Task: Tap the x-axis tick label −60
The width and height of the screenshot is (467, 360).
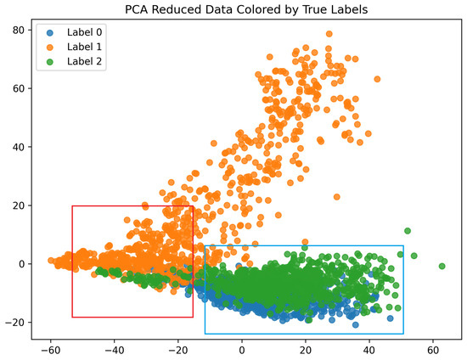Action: coord(51,349)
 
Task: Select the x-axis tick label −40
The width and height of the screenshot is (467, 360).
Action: coord(115,349)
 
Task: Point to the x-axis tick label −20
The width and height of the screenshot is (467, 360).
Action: coord(178,349)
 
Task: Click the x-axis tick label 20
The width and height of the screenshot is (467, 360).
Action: coord(306,349)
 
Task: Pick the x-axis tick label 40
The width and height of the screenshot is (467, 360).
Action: coord(369,349)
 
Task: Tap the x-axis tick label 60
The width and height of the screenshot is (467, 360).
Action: coord(433,349)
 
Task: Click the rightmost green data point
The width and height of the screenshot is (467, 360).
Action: coord(442,266)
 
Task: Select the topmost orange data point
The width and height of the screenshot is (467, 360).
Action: coord(329,34)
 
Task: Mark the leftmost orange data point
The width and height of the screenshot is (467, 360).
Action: coord(51,261)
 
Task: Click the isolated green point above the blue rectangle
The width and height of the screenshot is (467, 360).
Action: coord(408,231)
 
